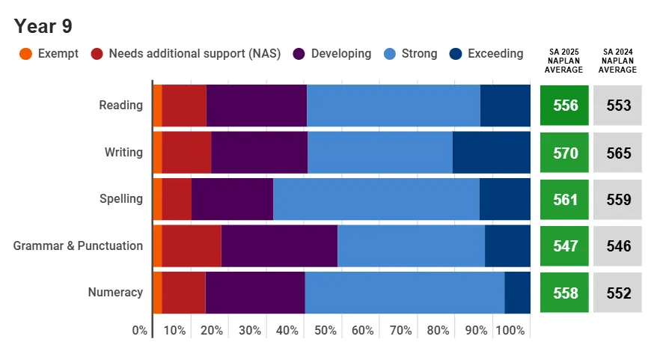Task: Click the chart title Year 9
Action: pyautogui.click(x=43, y=26)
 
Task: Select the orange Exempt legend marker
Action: pyautogui.click(x=25, y=54)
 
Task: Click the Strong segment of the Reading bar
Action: pyautogui.click(x=393, y=106)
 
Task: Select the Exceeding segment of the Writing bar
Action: pyautogui.click(x=491, y=153)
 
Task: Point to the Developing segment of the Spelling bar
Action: pyautogui.click(x=232, y=199)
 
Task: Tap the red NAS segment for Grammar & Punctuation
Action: pyautogui.click(x=192, y=246)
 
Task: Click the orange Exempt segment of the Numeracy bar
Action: pyautogui.click(x=157, y=293)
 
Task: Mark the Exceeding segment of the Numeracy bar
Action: pyautogui.click(x=517, y=293)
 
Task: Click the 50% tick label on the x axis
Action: pyautogui.click(x=325, y=331)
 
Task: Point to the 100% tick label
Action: pyautogui.click(x=510, y=331)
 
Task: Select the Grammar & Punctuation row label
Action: pyautogui.click(x=78, y=245)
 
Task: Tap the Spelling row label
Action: pyautogui.click(x=121, y=199)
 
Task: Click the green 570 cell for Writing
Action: pyautogui.click(x=565, y=153)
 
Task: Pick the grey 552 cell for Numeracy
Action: pyautogui.click(x=618, y=293)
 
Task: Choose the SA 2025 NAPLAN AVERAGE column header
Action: pyautogui.click(x=565, y=61)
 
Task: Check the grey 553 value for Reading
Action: pyautogui.click(x=618, y=106)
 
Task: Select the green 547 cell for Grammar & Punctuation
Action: pyautogui.click(x=565, y=246)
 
